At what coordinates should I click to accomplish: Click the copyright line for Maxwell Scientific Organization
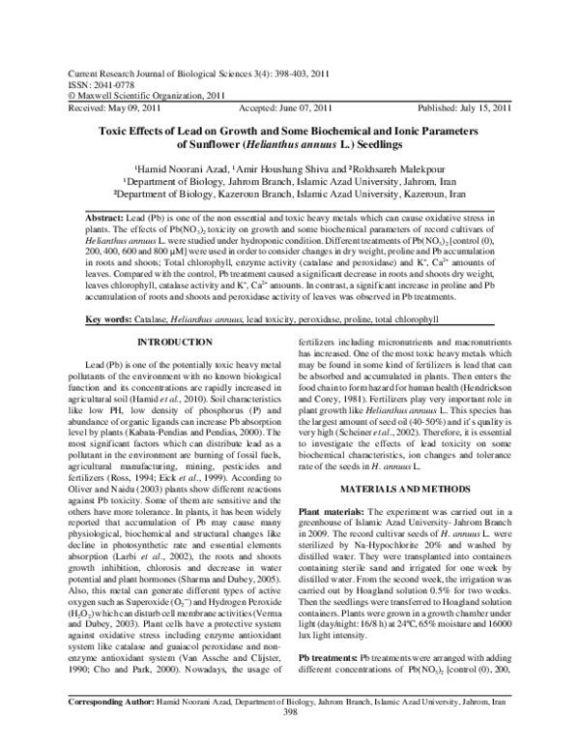[x=142, y=97]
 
